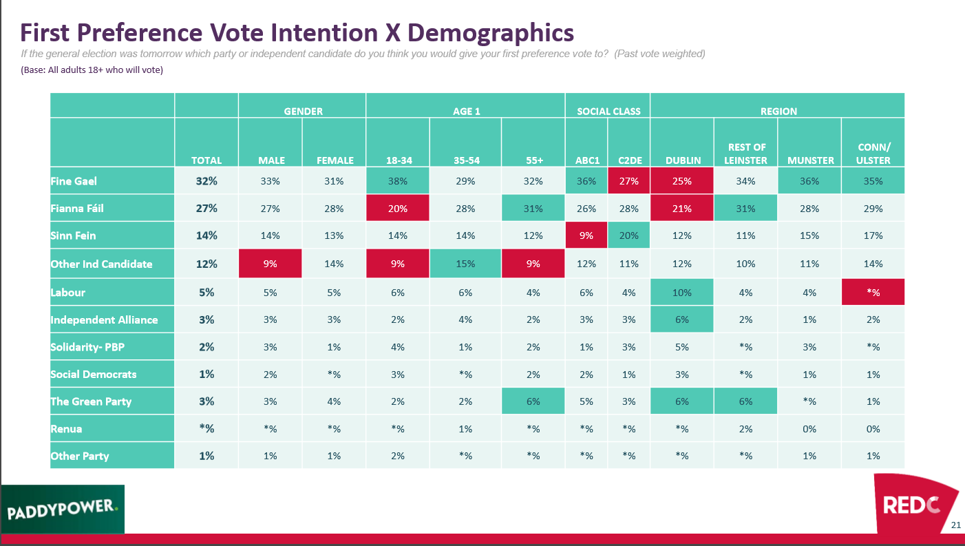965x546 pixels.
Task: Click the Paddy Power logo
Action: pyautogui.click(x=63, y=510)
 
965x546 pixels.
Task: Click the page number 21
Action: pyautogui.click(x=955, y=525)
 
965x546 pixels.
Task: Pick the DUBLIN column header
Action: pyautogui.click(x=682, y=160)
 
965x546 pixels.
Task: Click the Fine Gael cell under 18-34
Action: pyautogui.click(x=397, y=181)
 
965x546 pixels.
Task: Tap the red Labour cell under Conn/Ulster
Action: pyautogui.click(x=873, y=292)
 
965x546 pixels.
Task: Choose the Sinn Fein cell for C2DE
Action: pyautogui.click(x=629, y=235)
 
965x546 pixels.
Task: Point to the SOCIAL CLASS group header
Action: pyautogui.click(x=608, y=111)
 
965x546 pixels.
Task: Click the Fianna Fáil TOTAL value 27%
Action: pyautogui.click(x=206, y=209)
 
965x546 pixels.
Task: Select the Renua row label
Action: pyautogui.click(x=66, y=428)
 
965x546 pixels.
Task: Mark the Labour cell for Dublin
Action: pyautogui.click(x=682, y=292)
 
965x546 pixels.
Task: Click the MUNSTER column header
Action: pyautogui.click(x=809, y=160)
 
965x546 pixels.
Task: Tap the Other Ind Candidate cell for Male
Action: pyautogui.click(x=270, y=264)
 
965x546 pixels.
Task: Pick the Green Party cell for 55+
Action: pyautogui.click(x=533, y=401)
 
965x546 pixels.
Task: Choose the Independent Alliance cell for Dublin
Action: pyautogui.click(x=682, y=319)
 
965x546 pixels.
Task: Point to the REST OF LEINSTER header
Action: pyautogui.click(x=745, y=154)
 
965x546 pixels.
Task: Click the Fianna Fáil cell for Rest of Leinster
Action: pyautogui.click(x=745, y=209)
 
